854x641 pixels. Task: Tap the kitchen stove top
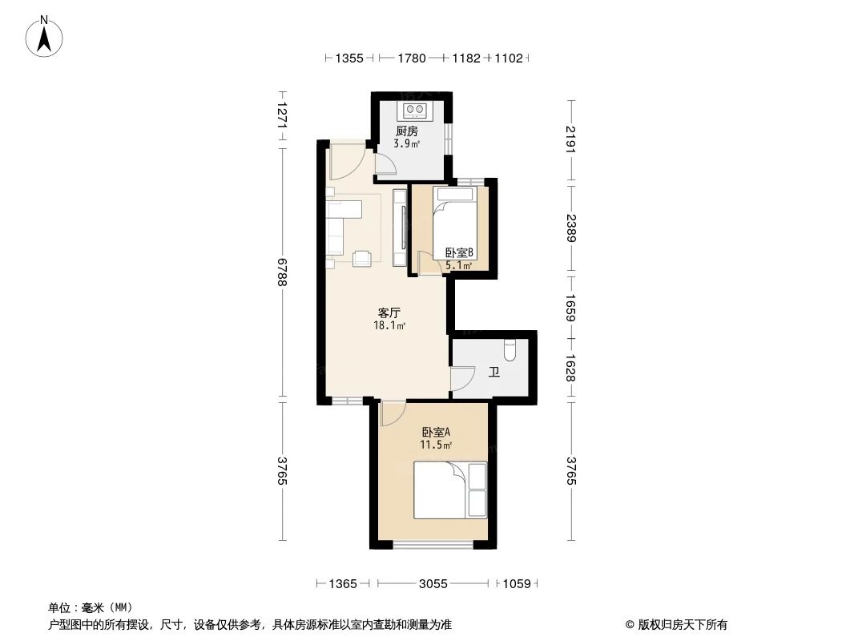tap(417, 109)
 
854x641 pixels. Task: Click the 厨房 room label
tap(406, 131)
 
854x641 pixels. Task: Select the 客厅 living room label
tap(389, 312)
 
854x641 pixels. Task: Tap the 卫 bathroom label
tap(494, 372)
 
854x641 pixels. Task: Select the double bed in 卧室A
tap(449, 490)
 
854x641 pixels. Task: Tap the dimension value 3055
tap(433, 584)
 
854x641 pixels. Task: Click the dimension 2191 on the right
tap(570, 139)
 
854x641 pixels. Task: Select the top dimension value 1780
tap(411, 58)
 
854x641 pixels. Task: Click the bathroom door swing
tap(461, 379)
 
